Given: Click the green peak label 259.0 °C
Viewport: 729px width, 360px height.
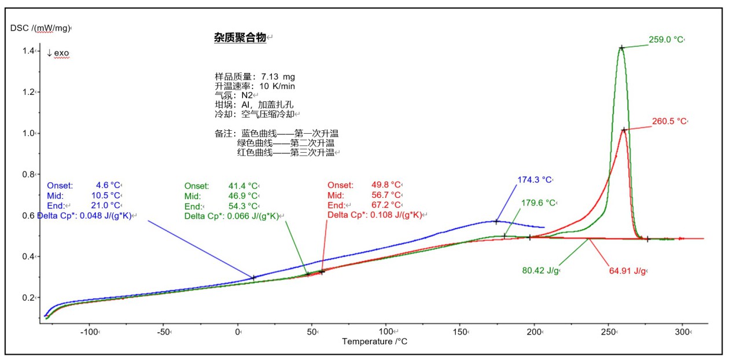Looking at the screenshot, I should [665, 40].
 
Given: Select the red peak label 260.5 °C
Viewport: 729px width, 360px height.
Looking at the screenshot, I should [669, 122].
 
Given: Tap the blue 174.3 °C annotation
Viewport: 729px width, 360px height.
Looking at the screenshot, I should [536, 180].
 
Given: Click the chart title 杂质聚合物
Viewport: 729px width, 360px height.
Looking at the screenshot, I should [240, 38].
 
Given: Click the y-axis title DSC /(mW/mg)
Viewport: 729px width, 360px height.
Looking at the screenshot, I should [40, 28].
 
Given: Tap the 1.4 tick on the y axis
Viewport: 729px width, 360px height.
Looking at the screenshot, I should [29, 52].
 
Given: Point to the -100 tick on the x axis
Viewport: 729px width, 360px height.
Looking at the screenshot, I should [89, 332].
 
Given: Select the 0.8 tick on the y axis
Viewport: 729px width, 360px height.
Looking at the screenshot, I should [29, 174].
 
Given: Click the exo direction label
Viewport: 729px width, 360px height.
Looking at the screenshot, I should [58, 53].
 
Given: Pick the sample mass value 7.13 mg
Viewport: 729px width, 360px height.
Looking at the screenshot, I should [278, 76].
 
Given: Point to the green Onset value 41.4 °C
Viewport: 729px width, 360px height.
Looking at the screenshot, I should [242, 186].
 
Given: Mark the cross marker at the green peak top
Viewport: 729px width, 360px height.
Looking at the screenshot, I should [621, 48].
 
